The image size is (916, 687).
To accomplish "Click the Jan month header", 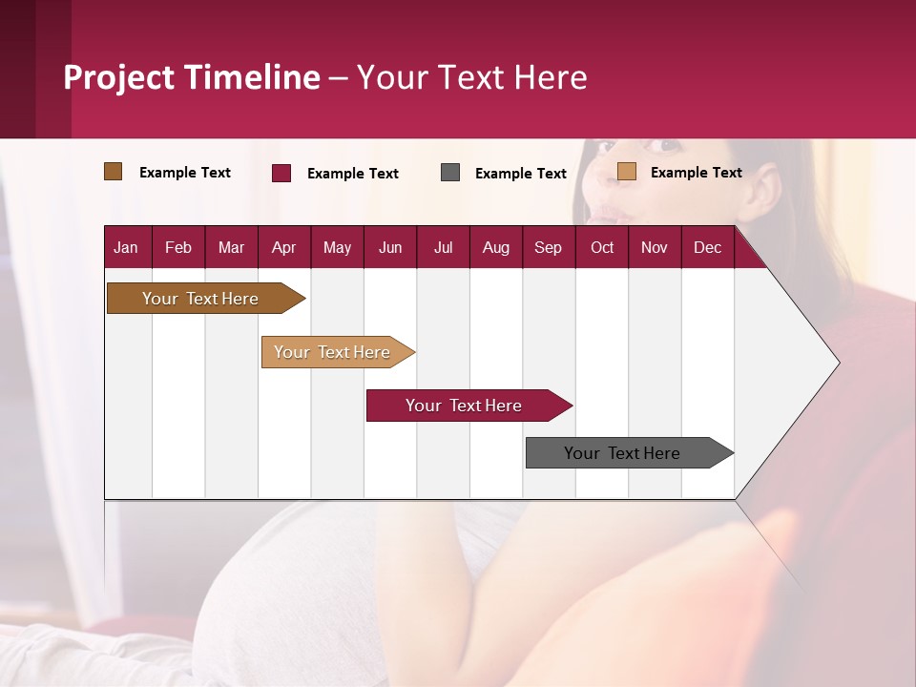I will tap(126, 247).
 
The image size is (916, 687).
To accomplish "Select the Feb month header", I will tap(178, 247).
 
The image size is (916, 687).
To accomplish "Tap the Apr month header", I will tap(283, 247).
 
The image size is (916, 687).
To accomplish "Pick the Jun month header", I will tap(390, 247).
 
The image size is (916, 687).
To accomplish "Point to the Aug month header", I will tap(495, 247).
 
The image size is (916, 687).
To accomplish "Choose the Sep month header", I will tap(548, 247).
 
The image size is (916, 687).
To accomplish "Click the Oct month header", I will tap(602, 247).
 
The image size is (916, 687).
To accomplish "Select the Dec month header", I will tap(707, 247).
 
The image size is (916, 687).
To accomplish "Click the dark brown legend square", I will tap(114, 172).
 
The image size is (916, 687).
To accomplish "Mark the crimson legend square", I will tap(281, 173).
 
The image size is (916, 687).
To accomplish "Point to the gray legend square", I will tap(450, 173).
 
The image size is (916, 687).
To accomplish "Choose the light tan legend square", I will tap(627, 172).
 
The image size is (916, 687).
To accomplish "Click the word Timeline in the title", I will tap(252, 77).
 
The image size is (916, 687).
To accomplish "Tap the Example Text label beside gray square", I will tap(521, 174).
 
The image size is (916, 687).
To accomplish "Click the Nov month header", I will tap(655, 247).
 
